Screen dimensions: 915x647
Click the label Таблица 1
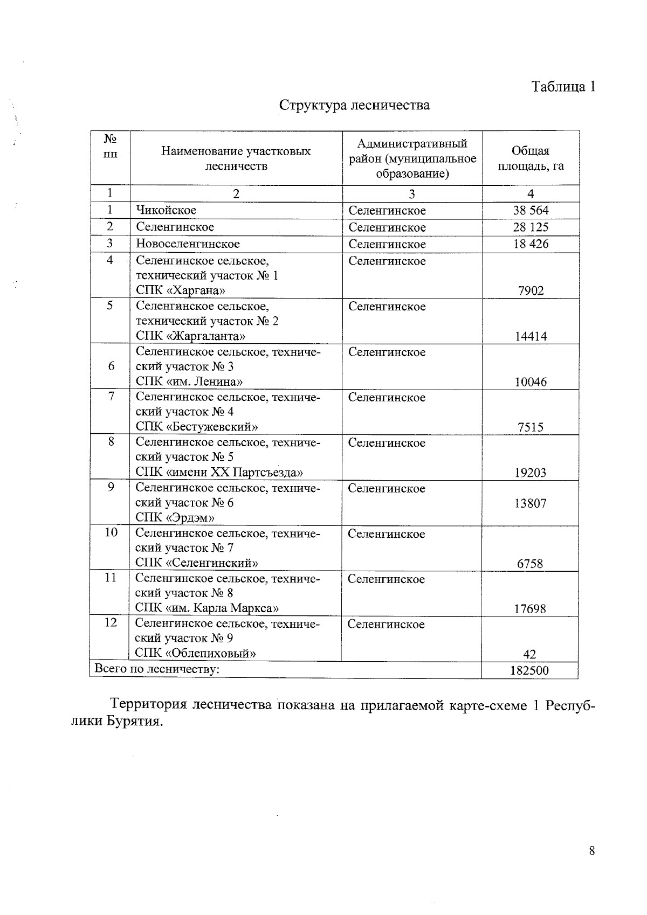(x=563, y=87)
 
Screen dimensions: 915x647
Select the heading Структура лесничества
(x=354, y=105)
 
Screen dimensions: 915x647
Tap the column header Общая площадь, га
(x=531, y=158)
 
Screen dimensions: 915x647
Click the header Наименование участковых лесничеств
(x=236, y=158)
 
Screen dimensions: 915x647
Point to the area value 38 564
(x=531, y=210)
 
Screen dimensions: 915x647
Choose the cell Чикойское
(x=166, y=210)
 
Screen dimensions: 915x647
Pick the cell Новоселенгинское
(x=188, y=244)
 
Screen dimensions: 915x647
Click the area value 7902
(x=531, y=290)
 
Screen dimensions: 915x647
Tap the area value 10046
(x=531, y=382)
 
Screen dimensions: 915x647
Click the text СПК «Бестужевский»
(x=196, y=427)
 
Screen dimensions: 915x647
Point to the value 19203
(x=531, y=473)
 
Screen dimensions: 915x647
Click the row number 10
(x=111, y=532)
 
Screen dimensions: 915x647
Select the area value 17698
(x=530, y=609)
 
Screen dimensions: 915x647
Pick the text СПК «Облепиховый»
(x=195, y=654)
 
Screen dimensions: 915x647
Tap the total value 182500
(x=530, y=670)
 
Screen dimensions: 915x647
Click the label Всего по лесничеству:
(x=157, y=669)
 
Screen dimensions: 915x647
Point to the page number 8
(x=592, y=851)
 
